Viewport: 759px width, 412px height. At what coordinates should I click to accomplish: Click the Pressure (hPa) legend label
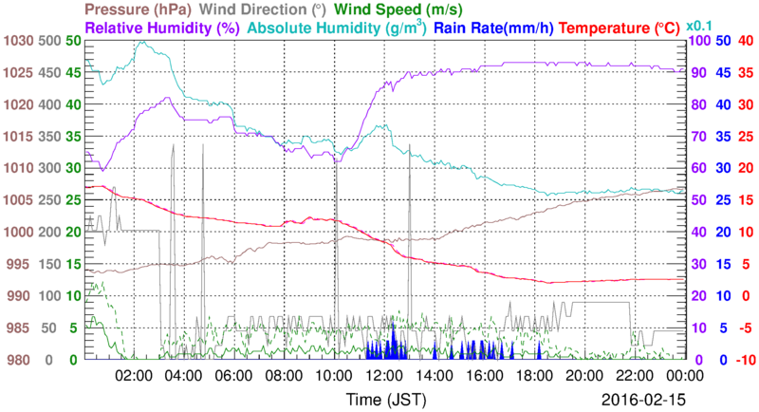[x=135, y=9]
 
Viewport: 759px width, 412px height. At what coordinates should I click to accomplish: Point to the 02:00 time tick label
[x=134, y=376]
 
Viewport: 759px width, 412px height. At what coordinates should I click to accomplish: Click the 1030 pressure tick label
[x=17, y=41]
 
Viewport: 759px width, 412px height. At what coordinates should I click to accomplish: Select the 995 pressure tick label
[x=21, y=264]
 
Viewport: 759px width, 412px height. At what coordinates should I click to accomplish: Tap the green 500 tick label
[x=47, y=41]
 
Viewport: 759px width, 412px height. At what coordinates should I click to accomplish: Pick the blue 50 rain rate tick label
[x=722, y=41]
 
